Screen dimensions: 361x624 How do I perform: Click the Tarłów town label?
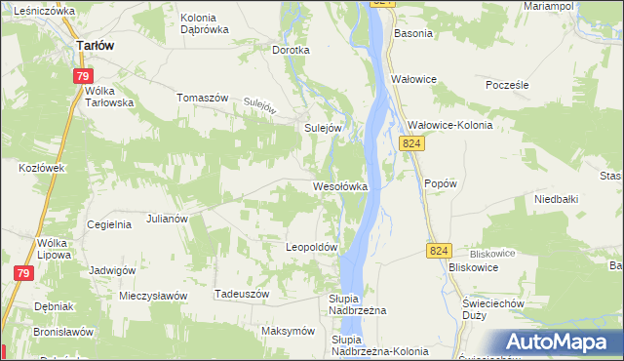pyautogui.click(x=97, y=45)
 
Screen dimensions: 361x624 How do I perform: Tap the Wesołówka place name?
pyautogui.click(x=339, y=185)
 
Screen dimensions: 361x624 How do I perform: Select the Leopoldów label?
pyautogui.click(x=311, y=248)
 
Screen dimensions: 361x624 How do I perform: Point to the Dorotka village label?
pyautogui.click(x=291, y=50)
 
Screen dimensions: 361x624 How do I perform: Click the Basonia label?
pyautogui.click(x=412, y=33)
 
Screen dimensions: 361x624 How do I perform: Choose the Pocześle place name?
pyautogui.click(x=507, y=85)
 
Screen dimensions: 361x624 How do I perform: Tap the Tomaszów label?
pyautogui.click(x=202, y=98)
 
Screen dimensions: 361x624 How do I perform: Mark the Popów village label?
pyautogui.click(x=441, y=183)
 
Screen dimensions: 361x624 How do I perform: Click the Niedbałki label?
pyautogui.click(x=557, y=199)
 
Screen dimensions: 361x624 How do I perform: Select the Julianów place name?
pyautogui.click(x=167, y=220)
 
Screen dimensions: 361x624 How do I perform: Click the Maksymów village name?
pyautogui.click(x=286, y=331)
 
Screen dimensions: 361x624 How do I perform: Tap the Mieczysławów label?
pyautogui.click(x=152, y=295)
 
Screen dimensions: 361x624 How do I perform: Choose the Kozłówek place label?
pyautogui.click(x=41, y=168)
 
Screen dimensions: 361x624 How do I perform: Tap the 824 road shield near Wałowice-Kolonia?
pyautogui.click(x=411, y=143)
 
